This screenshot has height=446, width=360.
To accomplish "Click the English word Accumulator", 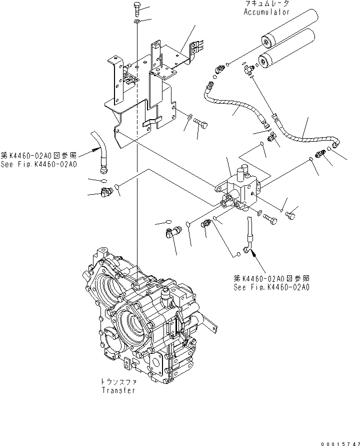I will (x=266, y=12).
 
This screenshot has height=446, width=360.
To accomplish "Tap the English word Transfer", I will (x=118, y=390).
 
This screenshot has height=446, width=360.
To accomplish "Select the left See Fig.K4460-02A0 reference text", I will (x=38, y=164).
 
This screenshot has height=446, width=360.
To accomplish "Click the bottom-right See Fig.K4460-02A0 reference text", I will (x=271, y=287).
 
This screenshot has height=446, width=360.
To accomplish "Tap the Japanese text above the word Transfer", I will (x=118, y=382).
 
